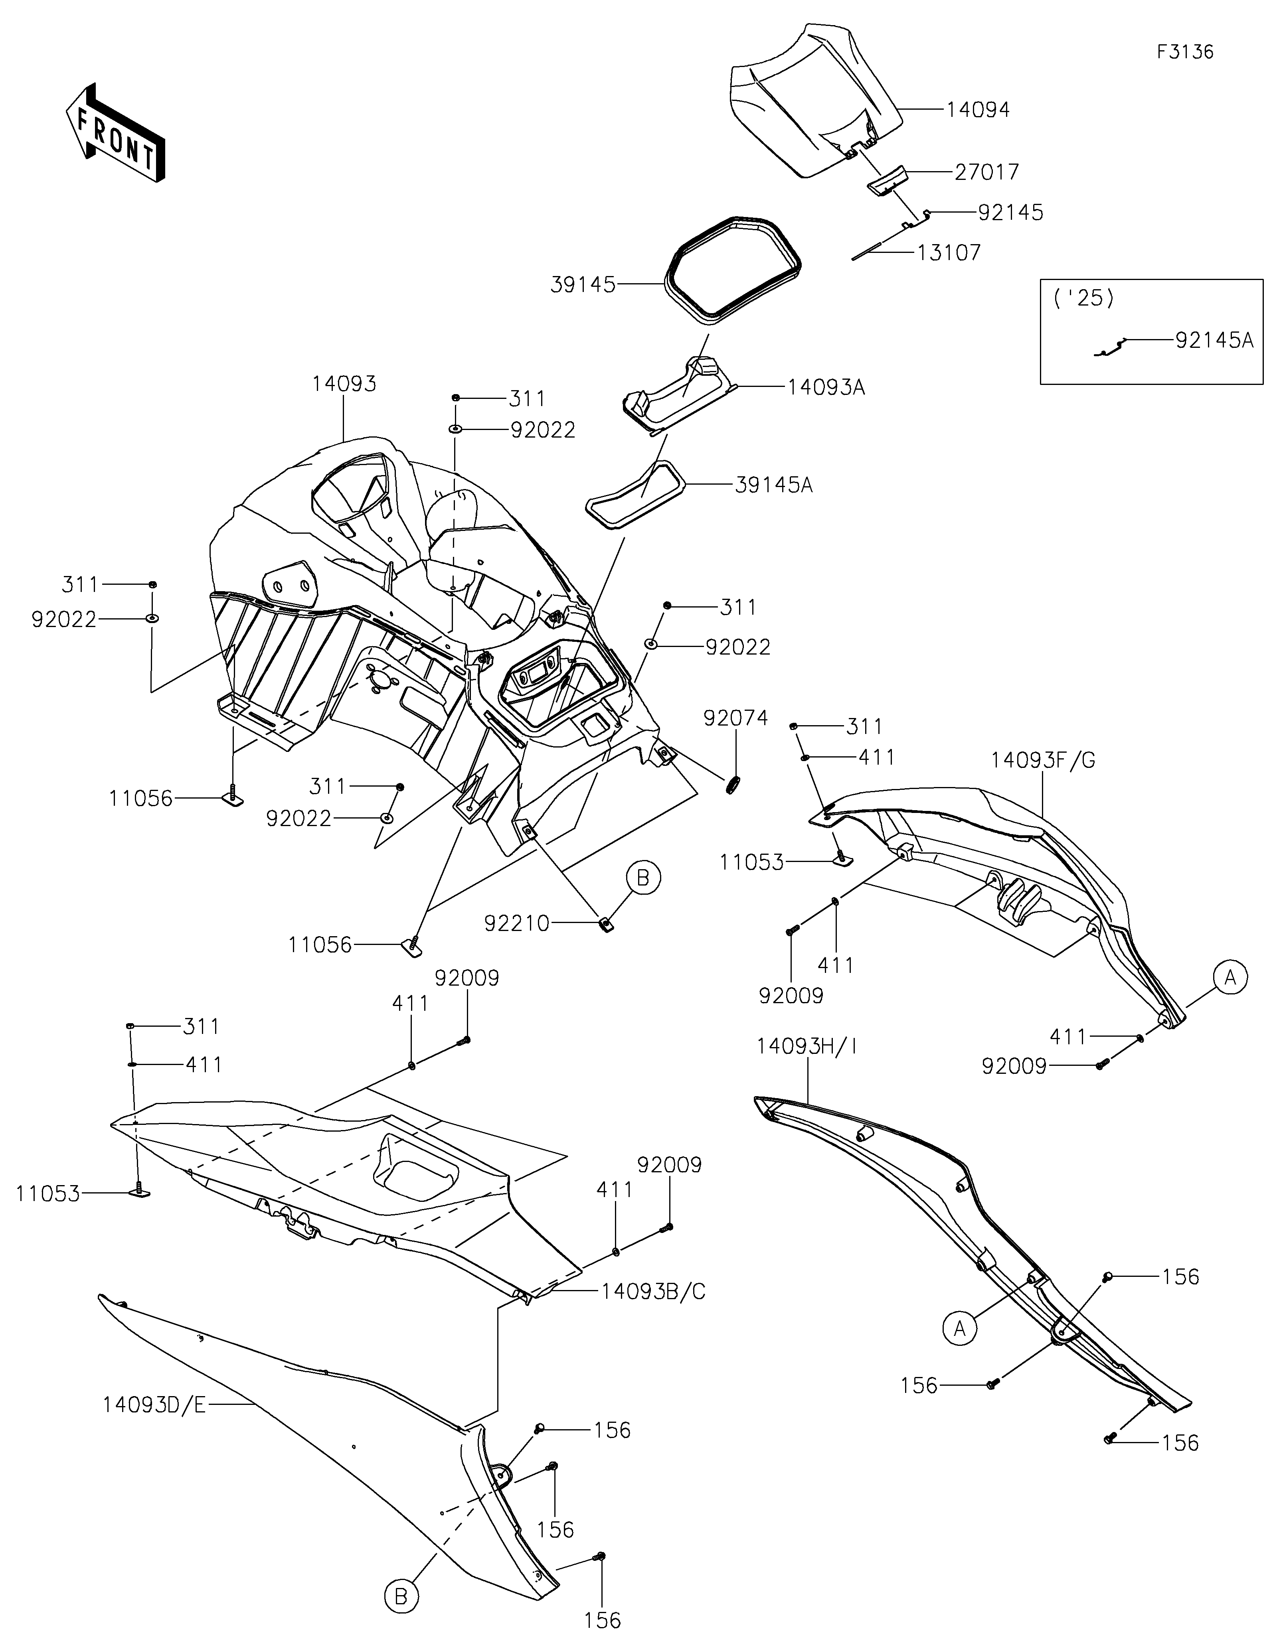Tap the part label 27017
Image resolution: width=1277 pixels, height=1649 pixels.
tap(987, 172)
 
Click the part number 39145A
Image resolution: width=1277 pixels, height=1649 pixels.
tap(773, 485)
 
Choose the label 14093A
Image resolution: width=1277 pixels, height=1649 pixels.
tap(826, 388)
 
